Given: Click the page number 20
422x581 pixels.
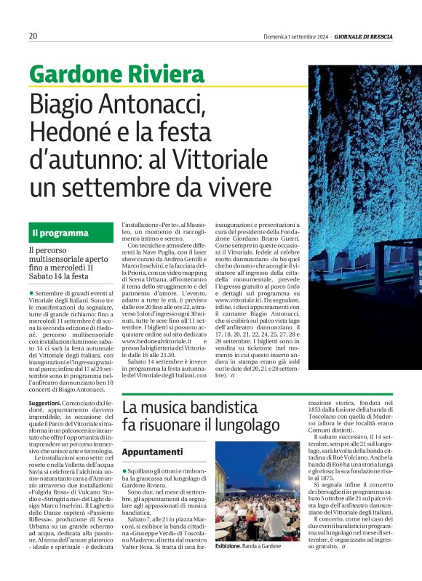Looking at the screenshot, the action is (x=33, y=36).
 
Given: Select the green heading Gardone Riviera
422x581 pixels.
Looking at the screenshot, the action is (x=116, y=74).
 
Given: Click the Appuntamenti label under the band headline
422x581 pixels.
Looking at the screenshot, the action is (x=152, y=452).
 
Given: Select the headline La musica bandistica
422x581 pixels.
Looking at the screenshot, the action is (x=191, y=405).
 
